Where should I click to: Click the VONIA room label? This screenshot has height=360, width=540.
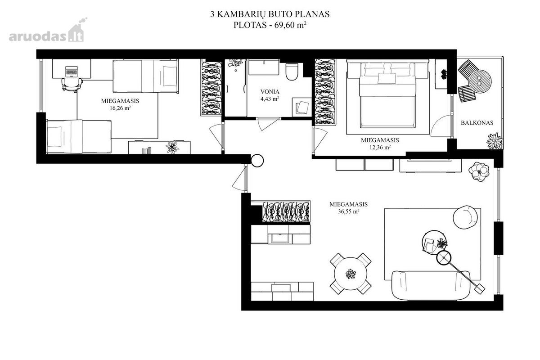pos(270,92)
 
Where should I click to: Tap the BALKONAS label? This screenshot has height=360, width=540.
pos(477,123)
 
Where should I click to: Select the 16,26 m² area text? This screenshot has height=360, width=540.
pos(120,108)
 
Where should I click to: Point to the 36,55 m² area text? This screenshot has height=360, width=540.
pos(349,211)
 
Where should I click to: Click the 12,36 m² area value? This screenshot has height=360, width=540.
pos(380,147)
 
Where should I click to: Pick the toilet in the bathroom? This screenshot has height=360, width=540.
pos(292,72)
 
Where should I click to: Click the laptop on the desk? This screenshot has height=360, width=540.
pos(72,72)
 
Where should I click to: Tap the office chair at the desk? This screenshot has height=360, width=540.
pos(72,85)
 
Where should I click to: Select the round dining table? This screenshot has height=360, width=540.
pos(351,274)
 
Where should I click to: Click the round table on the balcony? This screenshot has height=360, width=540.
pos(480,81)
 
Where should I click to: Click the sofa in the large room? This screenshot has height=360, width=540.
pos(431,285)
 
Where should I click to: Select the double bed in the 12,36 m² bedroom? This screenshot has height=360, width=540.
pos(387,95)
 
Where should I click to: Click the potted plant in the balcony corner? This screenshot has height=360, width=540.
pos(494,141)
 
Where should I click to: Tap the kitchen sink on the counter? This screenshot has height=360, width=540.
pos(280,238)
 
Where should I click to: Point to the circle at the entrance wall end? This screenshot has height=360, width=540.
pos(257,161)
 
